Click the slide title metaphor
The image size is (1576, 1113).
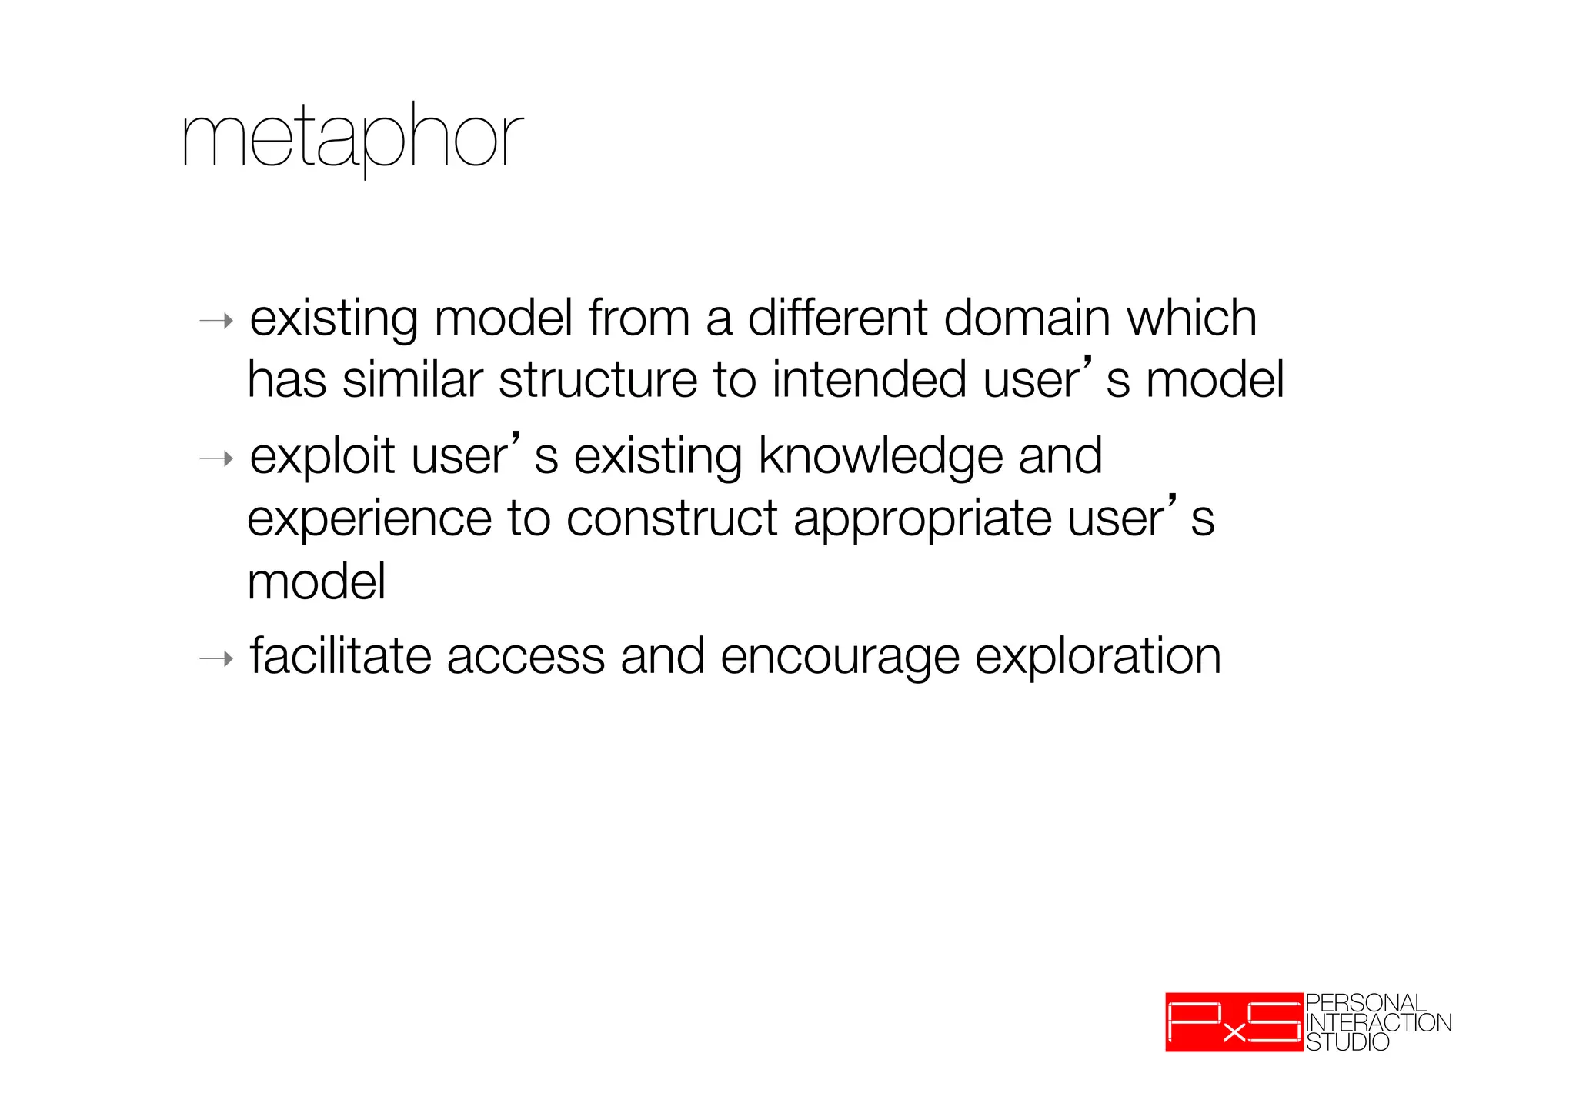(x=352, y=138)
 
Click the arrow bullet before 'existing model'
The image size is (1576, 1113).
(x=216, y=321)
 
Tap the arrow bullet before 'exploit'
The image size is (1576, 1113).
(x=216, y=459)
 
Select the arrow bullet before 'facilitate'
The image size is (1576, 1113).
(x=216, y=659)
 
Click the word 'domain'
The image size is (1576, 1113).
(x=1027, y=318)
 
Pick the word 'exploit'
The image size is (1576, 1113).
(x=323, y=456)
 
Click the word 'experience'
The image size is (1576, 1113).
(x=369, y=519)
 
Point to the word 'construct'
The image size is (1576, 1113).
(x=672, y=519)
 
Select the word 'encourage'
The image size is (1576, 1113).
(x=840, y=658)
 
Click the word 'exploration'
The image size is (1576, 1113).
(x=1098, y=658)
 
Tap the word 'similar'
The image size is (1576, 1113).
(x=412, y=380)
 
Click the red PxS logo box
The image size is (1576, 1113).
(x=1234, y=1021)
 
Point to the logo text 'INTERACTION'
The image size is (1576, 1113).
(x=1378, y=1023)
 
